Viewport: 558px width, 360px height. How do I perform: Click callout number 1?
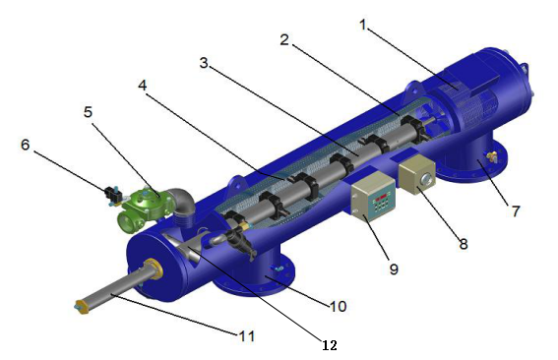tap(362, 25)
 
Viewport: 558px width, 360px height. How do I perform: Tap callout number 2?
tap(284, 40)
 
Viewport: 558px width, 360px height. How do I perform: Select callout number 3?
tap(204, 63)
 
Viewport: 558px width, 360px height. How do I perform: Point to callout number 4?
tap(143, 85)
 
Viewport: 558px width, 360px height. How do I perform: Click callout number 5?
tap(88, 112)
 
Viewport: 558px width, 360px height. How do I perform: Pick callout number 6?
tap(25, 145)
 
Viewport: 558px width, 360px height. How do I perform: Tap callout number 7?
tap(516, 210)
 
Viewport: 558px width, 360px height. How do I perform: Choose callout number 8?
tap(463, 244)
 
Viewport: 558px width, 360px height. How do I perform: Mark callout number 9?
tap(394, 270)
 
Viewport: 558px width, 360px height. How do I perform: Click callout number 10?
tap(339, 306)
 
